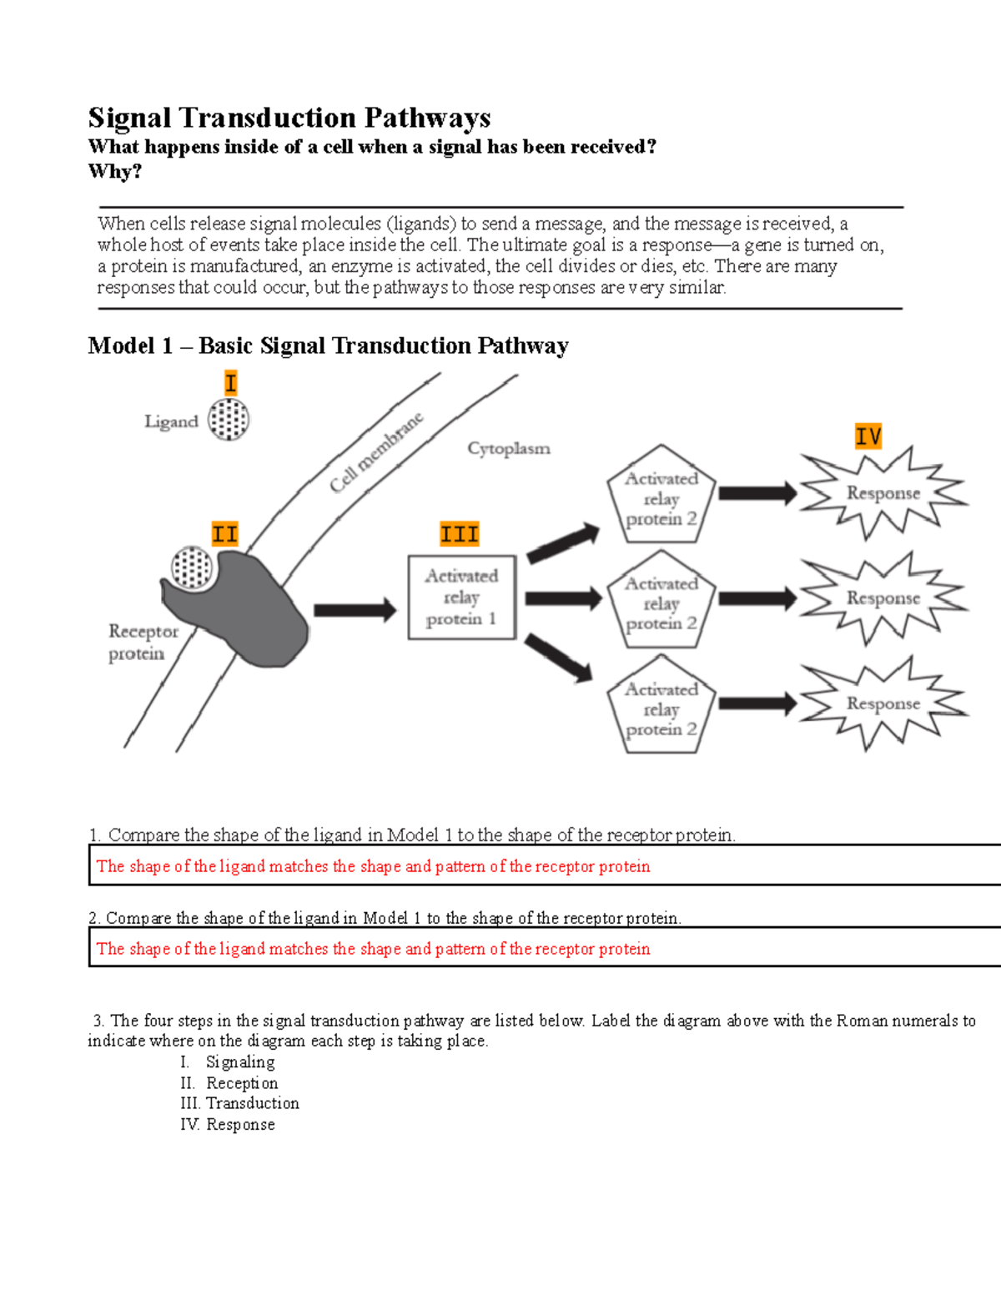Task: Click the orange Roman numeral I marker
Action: [231, 383]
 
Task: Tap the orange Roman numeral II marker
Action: [224, 534]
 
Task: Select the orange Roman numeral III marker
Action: [460, 534]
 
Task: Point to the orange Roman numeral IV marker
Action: [868, 436]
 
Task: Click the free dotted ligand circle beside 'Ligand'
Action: [229, 419]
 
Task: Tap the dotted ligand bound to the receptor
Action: [193, 568]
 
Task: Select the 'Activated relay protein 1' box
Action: [461, 598]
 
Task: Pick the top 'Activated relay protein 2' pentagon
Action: [661, 497]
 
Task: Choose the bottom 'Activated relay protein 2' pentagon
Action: [661, 708]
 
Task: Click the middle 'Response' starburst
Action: [883, 598]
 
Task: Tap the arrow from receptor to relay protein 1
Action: [355, 610]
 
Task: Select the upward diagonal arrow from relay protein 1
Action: [563, 543]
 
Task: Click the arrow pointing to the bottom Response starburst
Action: [757, 703]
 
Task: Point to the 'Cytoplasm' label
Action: [509, 449]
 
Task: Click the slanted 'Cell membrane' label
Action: [376, 453]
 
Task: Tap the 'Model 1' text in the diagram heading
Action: [130, 345]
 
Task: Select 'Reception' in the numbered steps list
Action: [242, 1083]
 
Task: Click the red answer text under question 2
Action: [373, 949]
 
